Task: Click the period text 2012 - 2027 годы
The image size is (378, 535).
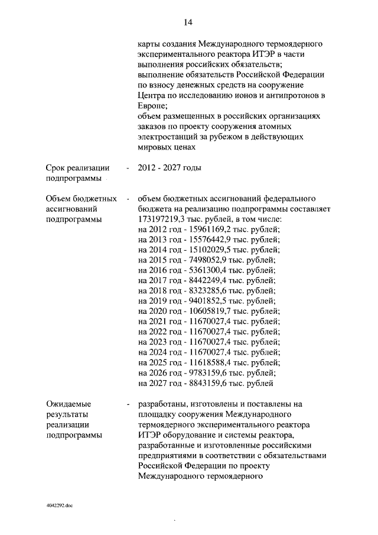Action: [x=169, y=168]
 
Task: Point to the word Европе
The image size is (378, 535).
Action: [x=152, y=106]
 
